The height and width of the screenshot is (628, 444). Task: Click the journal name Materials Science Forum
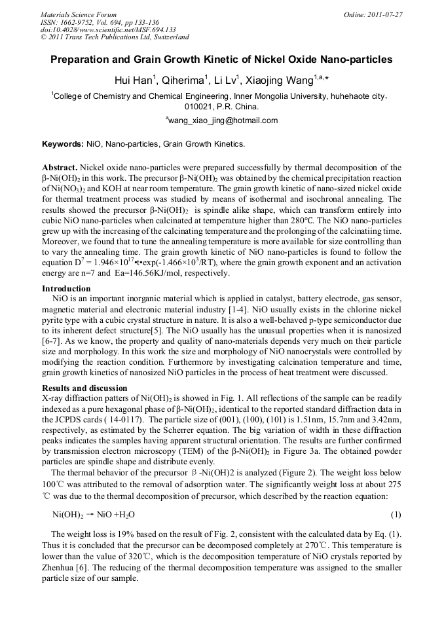79,14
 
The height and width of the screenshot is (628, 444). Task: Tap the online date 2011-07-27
384,14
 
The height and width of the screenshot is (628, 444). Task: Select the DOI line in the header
108,29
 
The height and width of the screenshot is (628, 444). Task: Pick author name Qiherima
185,81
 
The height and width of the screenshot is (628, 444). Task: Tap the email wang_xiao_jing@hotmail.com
222,120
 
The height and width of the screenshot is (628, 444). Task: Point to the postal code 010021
200,106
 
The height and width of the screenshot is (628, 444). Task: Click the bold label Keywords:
62,143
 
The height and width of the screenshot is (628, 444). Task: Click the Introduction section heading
66,289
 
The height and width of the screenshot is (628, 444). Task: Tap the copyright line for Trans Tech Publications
115,37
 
